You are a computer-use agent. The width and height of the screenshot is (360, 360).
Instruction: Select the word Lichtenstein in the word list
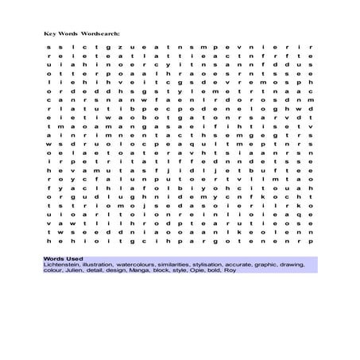pyautogui.click(x=61, y=266)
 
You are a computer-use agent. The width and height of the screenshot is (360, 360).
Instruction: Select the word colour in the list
pyautogui.click(x=52, y=273)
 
